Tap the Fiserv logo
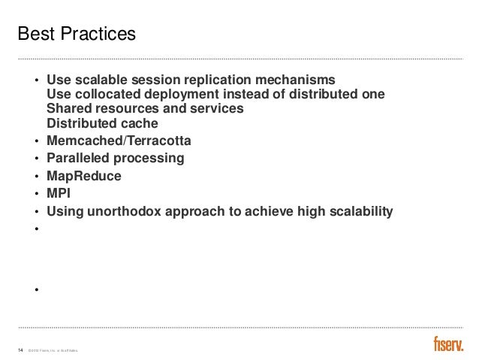tap(448, 344)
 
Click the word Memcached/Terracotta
tap(119, 141)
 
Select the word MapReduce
tap(83, 177)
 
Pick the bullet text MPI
tap(59, 195)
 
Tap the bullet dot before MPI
tap(36, 195)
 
